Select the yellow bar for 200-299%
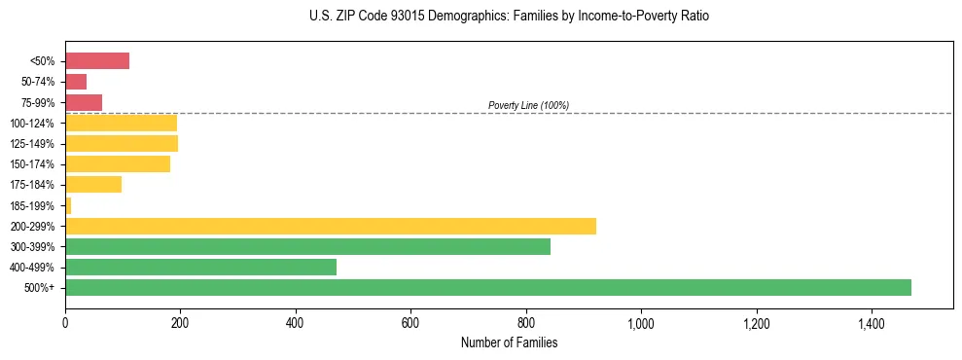[x=331, y=226]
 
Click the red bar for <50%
[x=97, y=61]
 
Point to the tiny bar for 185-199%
[x=68, y=205]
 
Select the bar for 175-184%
[x=93, y=185]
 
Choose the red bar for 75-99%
[x=84, y=102]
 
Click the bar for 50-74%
[x=76, y=82]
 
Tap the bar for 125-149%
[x=122, y=144]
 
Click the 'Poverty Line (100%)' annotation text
[x=528, y=105]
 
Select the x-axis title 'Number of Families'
[x=509, y=342]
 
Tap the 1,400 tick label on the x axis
[x=871, y=322]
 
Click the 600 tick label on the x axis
[x=410, y=322]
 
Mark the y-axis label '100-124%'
[x=32, y=124]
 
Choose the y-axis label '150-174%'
[x=32, y=164]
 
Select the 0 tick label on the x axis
[x=65, y=322]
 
